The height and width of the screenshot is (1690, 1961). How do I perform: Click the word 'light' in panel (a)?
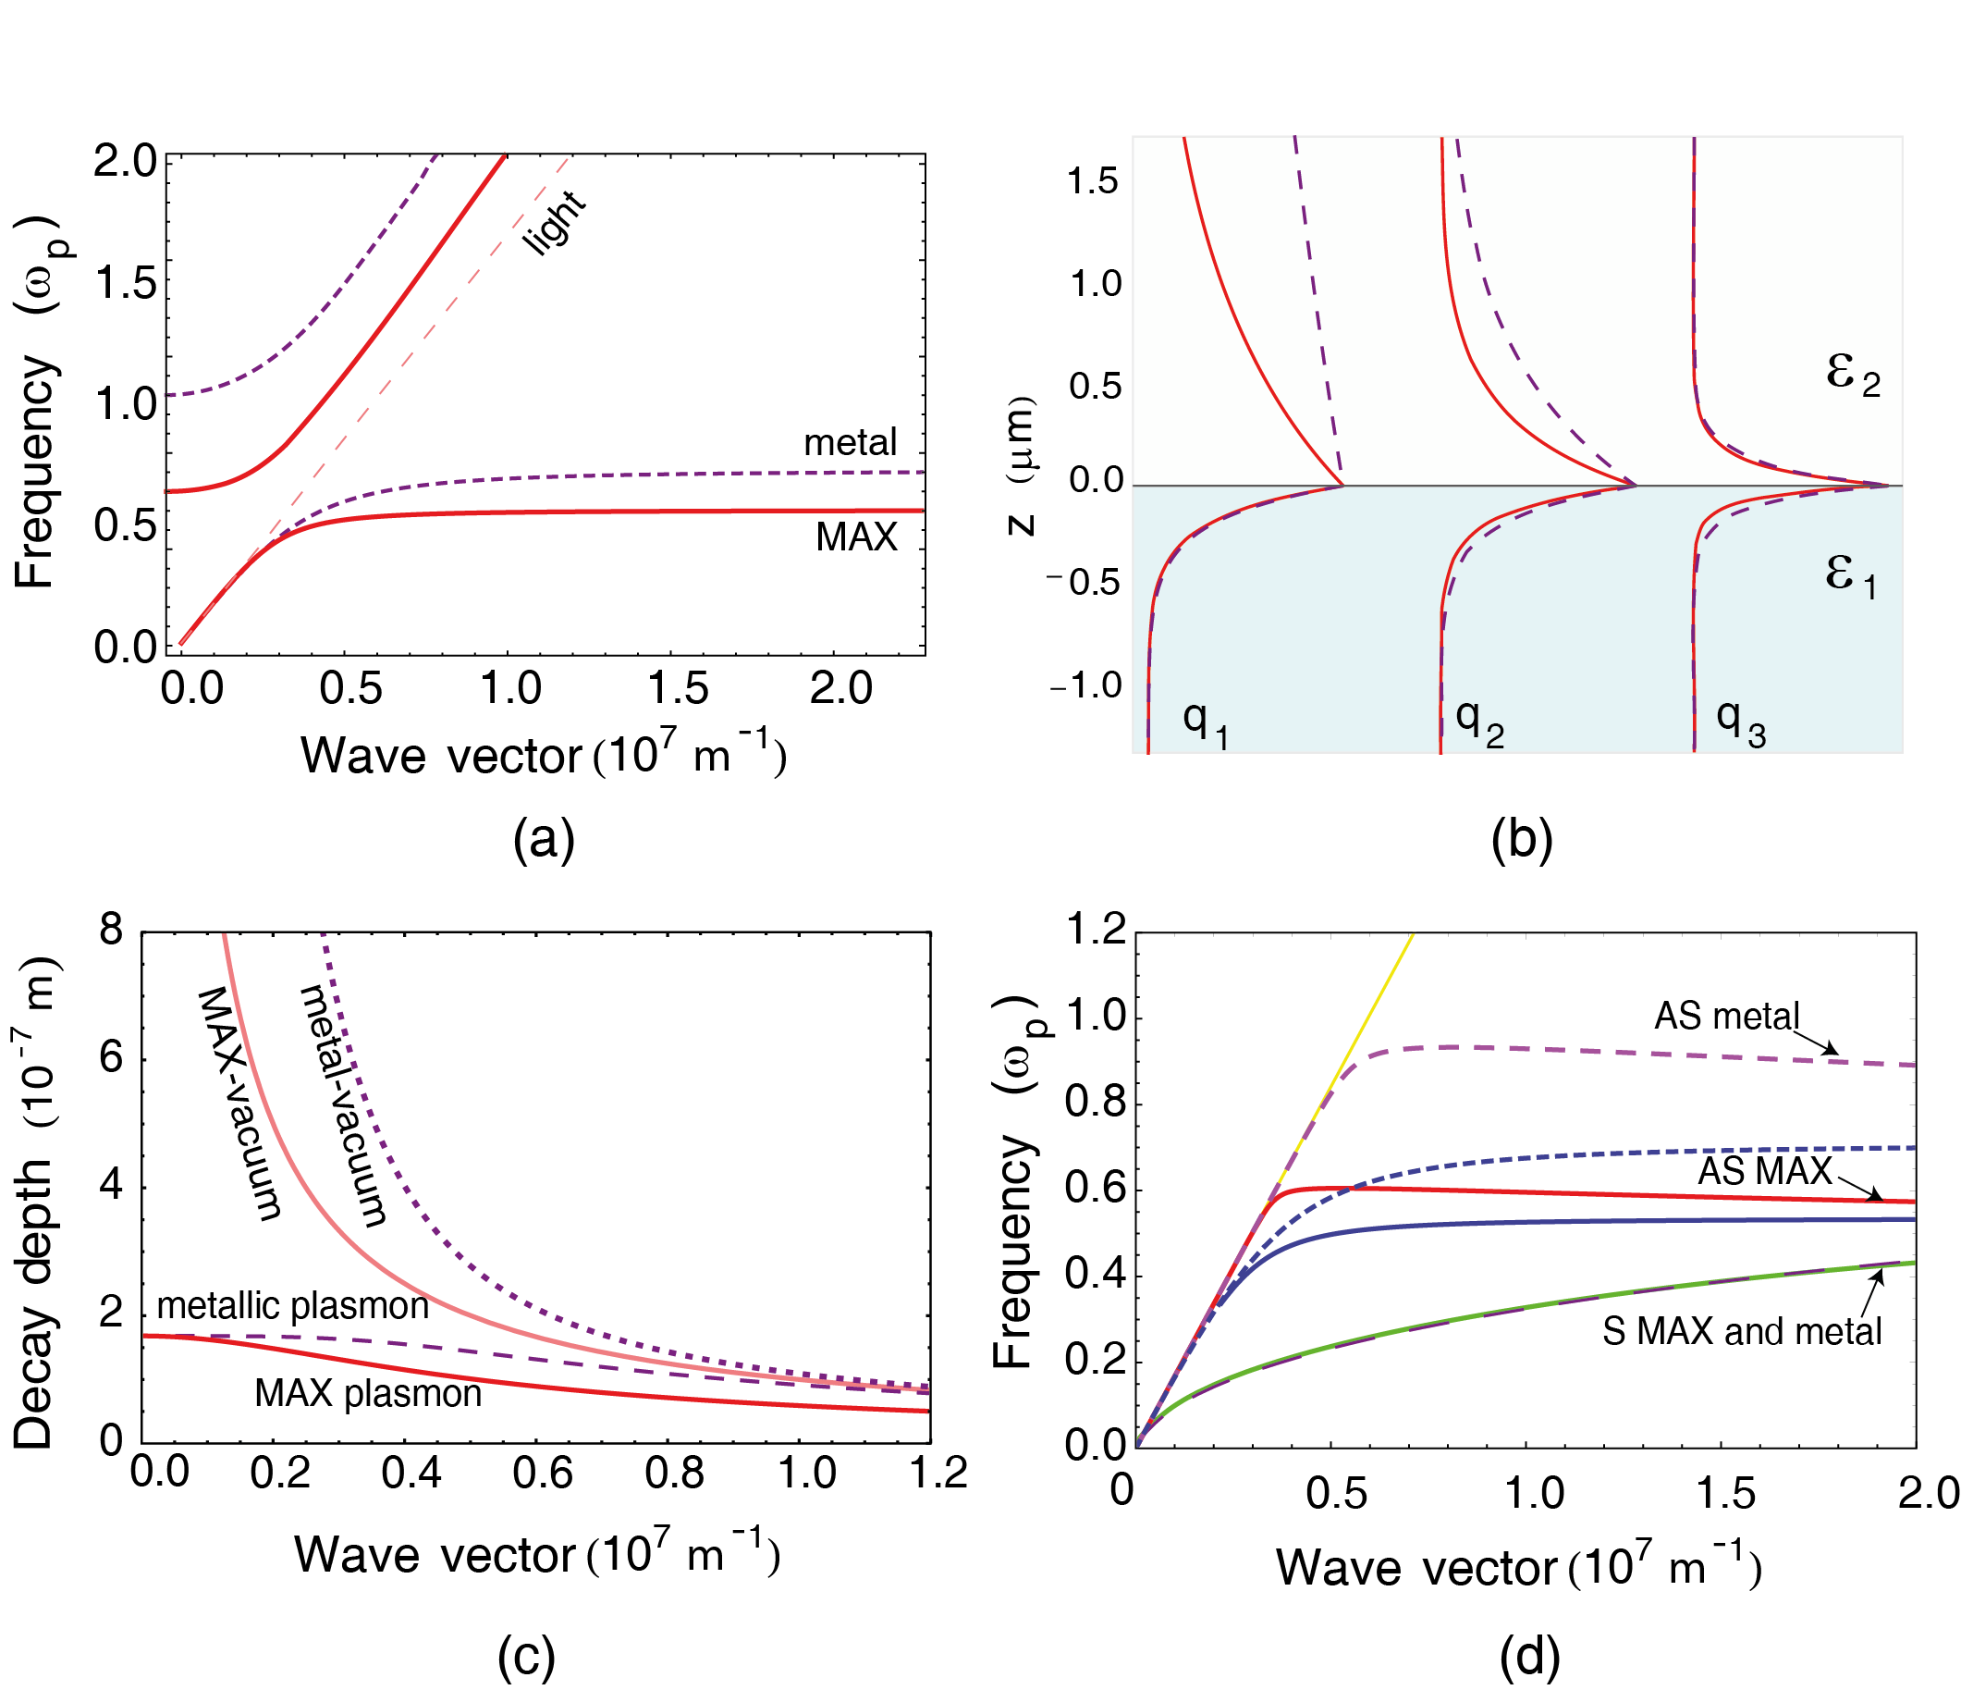[x=555, y=224]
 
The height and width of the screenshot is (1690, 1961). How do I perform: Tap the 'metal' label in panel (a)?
[x=849, y=443]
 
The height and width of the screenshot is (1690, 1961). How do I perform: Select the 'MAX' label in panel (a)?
[x=855, y=537]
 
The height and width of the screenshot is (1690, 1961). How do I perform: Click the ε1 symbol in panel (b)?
[x=1850, y=575]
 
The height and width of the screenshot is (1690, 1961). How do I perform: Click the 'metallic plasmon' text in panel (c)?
[x=291, y=1305]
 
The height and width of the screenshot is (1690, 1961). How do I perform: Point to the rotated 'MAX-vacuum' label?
[x=239, y=1103]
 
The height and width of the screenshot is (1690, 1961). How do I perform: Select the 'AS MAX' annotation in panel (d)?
[x=1764, y=1171]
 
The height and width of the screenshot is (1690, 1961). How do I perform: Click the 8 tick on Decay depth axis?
[x=112, y=930]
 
